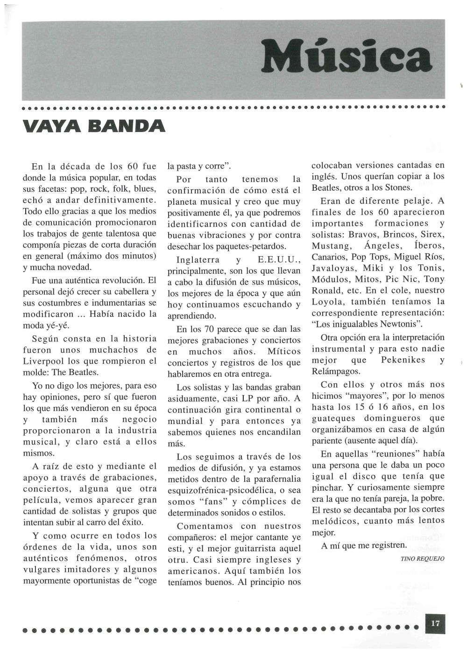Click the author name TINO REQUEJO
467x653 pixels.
[x=423, y=558]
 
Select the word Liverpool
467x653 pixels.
[x=44, y=361]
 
